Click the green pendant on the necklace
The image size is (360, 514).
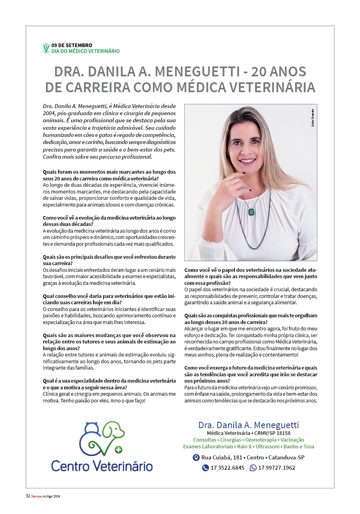[251, 212]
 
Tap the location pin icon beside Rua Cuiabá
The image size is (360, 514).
[196, 458]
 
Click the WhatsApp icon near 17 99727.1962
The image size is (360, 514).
[253, 468]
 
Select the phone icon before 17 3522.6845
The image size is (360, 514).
[205, 468]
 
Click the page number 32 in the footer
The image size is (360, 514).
[28, 496]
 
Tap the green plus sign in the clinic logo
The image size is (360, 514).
[118, 450]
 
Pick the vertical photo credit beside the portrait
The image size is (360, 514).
[312, 118]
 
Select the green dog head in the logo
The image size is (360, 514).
[115, 431]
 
